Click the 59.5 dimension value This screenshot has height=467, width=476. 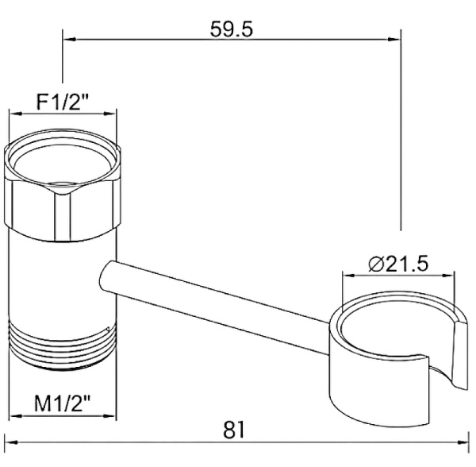coord(232,29)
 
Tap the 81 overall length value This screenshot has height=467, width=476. coord(234,430)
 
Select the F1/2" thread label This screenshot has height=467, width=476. coord(62,102)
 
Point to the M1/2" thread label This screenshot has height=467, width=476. coord(63,403)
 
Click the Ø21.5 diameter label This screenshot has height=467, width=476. coord(398,264)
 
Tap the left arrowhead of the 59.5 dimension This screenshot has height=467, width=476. coord(69,39)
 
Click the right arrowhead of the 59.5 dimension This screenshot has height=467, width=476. coord(394,39)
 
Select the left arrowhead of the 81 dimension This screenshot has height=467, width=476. coord(11,442)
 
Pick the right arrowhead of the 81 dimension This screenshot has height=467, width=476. coord(462,442)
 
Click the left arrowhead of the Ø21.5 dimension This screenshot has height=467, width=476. coord(349,276)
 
